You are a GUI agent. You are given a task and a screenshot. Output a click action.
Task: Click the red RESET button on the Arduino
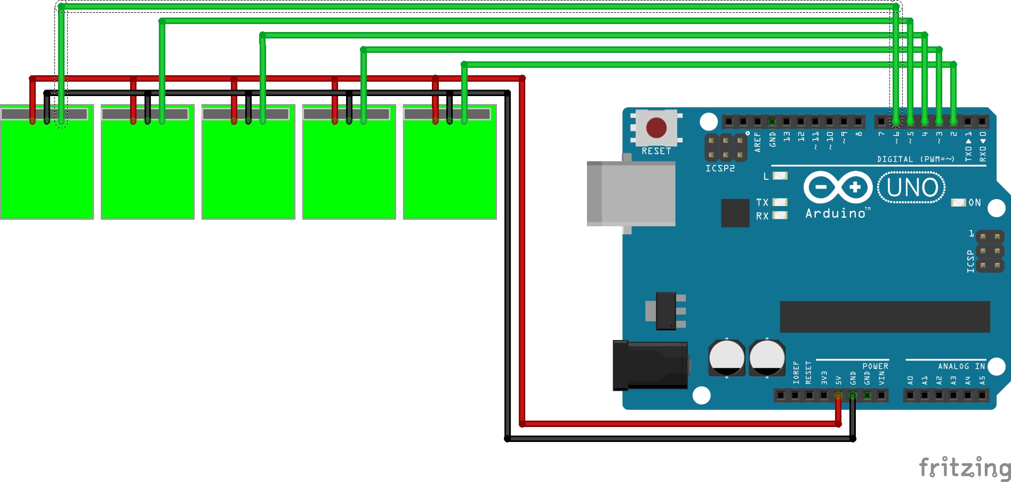[656, 128]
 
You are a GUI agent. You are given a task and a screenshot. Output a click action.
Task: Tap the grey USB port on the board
[631, 194]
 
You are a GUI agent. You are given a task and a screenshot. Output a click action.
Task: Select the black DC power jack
[649, 365]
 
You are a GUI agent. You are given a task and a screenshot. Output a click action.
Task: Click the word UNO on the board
[912, 188]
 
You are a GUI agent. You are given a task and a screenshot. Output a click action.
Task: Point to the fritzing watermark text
[964, 468]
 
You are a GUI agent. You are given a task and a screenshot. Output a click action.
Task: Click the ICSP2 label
[720, 169]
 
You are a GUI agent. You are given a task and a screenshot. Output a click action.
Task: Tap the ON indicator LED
[958, 203]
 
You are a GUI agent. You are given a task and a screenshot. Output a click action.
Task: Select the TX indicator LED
[780, 202]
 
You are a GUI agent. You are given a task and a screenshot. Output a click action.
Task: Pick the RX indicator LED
[780, 216]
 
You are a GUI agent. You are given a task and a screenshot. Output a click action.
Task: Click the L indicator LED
[780, 176]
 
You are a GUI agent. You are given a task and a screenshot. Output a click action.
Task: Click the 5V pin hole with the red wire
[838, 396]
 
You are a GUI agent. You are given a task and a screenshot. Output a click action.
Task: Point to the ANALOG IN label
[961, 366]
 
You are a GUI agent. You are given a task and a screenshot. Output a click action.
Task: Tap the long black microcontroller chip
[885, 317]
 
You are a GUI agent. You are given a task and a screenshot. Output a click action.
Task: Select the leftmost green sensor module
[47, 165]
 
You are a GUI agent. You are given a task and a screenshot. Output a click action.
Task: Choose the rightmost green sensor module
[450, 165]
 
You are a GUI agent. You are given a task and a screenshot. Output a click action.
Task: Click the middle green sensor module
[248, 165]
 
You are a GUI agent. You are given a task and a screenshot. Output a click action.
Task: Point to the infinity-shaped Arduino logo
[838, 187]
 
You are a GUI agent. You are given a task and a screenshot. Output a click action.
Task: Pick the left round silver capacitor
[726, 358]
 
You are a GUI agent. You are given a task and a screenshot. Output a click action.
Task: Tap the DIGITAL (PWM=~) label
[915, 159]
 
